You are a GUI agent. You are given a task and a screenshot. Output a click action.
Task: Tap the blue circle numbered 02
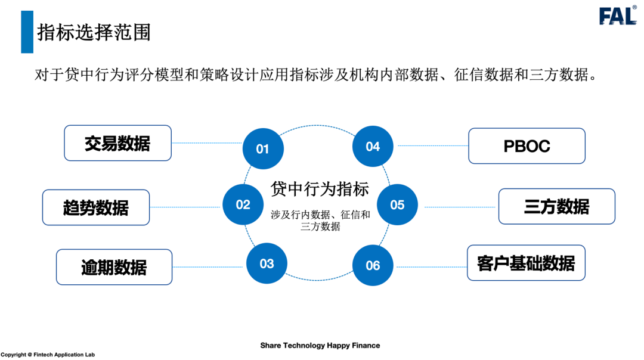coord(243,204)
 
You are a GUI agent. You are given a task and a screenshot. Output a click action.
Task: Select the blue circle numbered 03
coord(267,263)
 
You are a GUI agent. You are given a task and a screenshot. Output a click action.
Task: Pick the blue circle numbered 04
coord(373,147)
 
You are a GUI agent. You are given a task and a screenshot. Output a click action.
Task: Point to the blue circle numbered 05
coord(397,205)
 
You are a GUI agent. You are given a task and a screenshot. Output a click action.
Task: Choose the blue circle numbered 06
coord(373,265)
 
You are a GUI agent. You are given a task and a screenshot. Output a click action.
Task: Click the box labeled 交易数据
coord(117,143)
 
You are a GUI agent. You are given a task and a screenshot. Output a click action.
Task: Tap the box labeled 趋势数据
coord(96,207)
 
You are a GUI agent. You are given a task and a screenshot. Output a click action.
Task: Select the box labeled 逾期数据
coord(114,267)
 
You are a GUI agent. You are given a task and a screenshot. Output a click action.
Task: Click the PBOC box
coord(527,146)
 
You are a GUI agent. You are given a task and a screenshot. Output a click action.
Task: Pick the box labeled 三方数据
coord(556,206)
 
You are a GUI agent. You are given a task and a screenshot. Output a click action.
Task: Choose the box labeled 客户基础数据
coord(526,263)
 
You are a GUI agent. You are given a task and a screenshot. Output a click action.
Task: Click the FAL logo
coord(618,16)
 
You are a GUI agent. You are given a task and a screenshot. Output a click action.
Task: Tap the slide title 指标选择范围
coord(94,32)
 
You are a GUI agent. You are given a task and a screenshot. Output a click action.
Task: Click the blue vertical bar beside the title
coord(27,32)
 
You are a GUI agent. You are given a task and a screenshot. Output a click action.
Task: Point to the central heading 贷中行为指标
coord(320,189)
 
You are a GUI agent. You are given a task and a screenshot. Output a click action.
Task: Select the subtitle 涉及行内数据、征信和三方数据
coord(320,221)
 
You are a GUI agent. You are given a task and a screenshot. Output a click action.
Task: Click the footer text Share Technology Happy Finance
coord(320,346)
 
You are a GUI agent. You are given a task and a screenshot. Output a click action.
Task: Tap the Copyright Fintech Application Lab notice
coord(48,355)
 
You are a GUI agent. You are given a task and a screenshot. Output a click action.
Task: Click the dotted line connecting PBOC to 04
coord(432,146)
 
